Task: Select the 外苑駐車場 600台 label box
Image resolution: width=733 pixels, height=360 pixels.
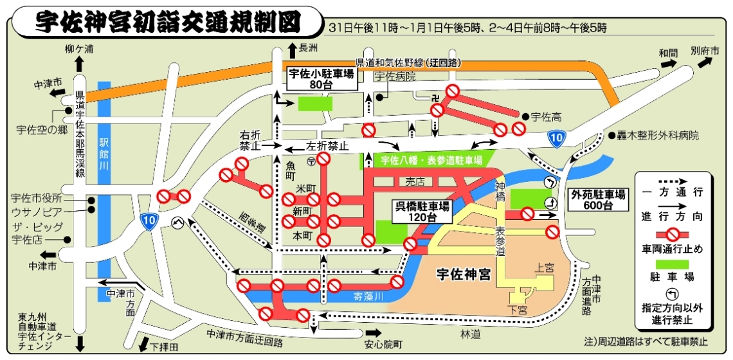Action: tap(599, 200)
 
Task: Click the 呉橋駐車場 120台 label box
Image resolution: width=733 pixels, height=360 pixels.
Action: tap(422, 211)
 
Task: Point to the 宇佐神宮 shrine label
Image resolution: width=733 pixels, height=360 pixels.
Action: tap(464, 275)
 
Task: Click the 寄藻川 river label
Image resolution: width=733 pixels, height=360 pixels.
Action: tap(368, 296)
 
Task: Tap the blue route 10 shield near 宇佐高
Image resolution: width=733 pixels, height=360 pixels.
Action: tap(557, 137)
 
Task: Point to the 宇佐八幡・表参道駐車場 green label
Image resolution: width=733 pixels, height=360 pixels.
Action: tap(431, 160)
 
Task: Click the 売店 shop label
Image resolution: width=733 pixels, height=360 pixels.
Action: tap(415, 183)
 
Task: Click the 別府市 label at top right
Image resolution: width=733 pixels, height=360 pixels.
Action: tap(705, 50)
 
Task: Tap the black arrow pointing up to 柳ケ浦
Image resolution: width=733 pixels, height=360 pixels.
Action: tap(79, 62)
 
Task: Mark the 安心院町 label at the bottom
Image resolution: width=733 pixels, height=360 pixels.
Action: tap(383, 345)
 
